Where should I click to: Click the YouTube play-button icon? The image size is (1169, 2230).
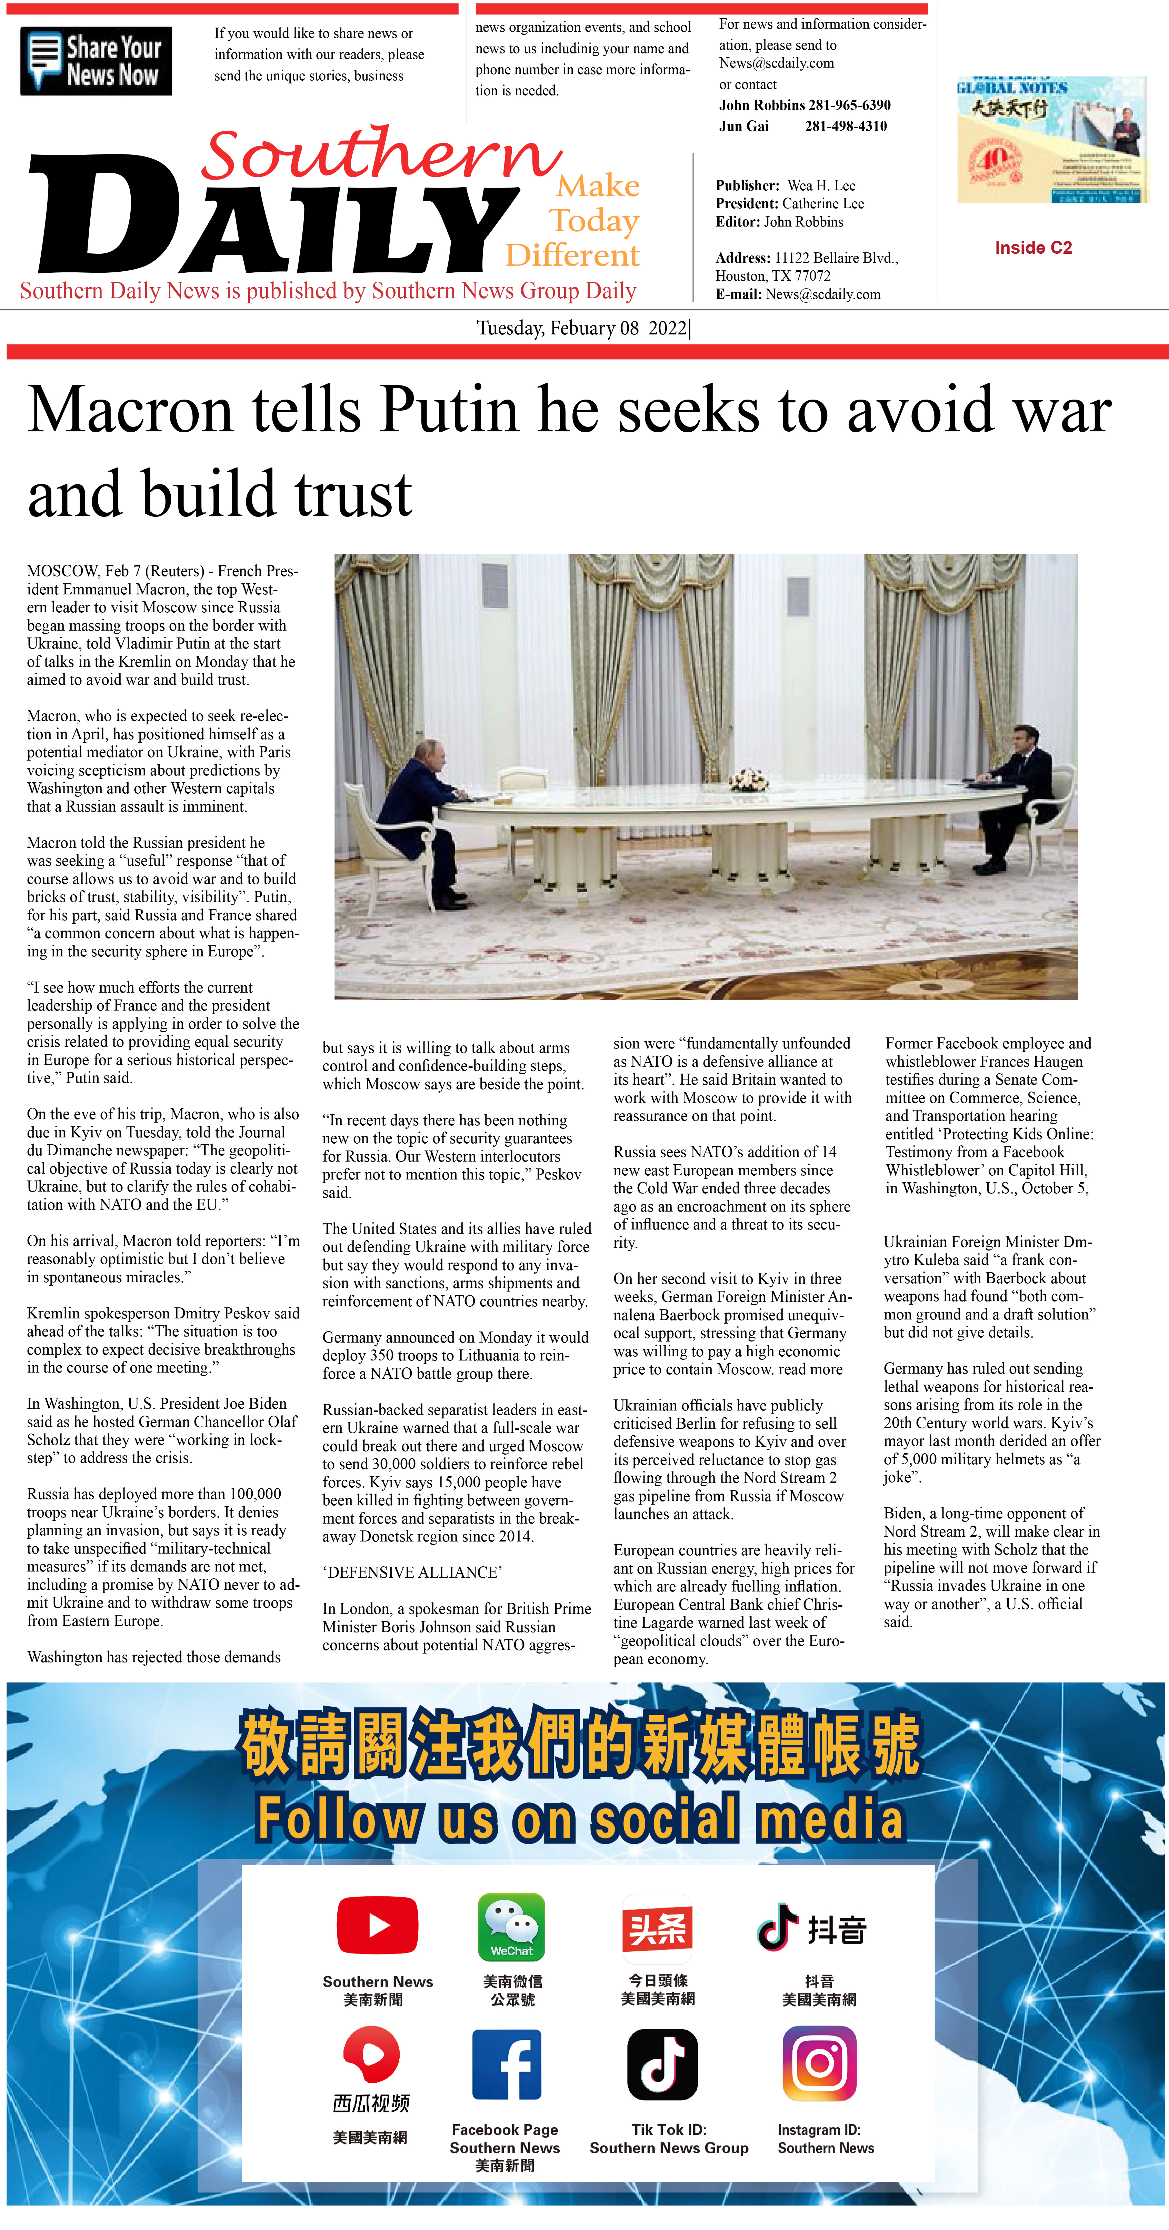click(x=378, y=1925)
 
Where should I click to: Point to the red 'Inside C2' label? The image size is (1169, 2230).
click(x=1033, y=248)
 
